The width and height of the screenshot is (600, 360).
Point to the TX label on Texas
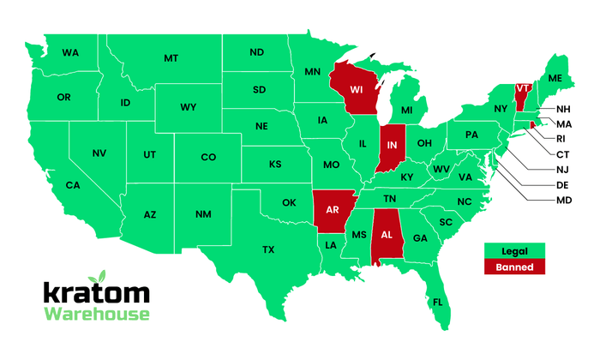(x=268, y=249)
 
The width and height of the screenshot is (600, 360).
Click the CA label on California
(x=73, y=185)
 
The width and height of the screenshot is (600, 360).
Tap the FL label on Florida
(x=438, y=303)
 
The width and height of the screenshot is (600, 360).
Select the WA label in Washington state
(x=70, y=53)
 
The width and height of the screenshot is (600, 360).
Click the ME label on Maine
(x=555, y=78)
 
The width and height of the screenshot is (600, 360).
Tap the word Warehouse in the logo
(x=97, y=315)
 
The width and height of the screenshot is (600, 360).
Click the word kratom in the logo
(x=97, y=292)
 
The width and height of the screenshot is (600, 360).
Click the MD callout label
(x=563, y=201)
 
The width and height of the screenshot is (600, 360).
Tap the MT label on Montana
(x=171, y=58)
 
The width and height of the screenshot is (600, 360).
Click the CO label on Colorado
(x=208, y=158)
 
